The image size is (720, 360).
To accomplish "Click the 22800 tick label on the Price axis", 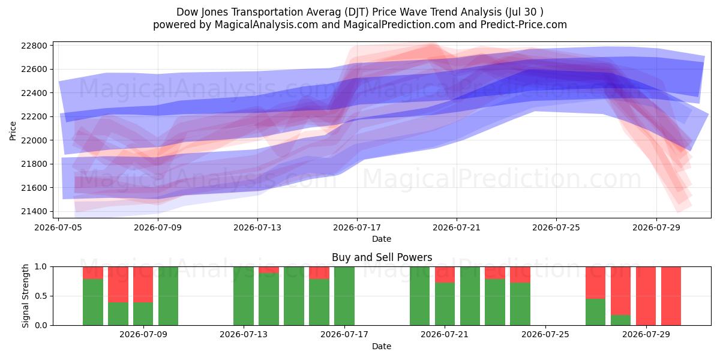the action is coord(34,46).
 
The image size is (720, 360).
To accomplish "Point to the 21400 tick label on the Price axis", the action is coord(34,211).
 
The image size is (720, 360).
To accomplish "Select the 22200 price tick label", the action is coord(34,116).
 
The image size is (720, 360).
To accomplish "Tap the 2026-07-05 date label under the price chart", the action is coord(58,227).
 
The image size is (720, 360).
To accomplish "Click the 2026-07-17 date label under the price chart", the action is coord(357,227).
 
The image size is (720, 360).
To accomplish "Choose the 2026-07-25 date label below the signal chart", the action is coord(545,334).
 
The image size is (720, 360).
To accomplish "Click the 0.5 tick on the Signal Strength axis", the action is coord(40,296).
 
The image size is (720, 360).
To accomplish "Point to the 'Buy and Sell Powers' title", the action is coord(382,257).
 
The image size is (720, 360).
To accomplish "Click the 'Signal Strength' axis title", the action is coord(25,296).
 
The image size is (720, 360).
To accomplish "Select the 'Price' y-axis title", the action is coord(13,131).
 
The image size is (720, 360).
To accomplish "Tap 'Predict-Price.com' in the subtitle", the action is coord(524,25).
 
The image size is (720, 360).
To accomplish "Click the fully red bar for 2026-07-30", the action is coord(671,296).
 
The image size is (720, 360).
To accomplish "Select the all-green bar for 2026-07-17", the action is coord(344,296).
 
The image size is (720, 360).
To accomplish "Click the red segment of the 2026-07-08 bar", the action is coord(143,284).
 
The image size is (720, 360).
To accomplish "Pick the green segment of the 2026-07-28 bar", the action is coord(620,320).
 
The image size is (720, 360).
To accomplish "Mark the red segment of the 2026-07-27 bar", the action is coord(596,283).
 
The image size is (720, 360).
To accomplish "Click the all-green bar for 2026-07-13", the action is coord(244,296).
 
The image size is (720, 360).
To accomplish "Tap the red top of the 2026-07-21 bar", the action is coord(445,275).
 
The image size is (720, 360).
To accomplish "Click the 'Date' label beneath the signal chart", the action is coord(382,346).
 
